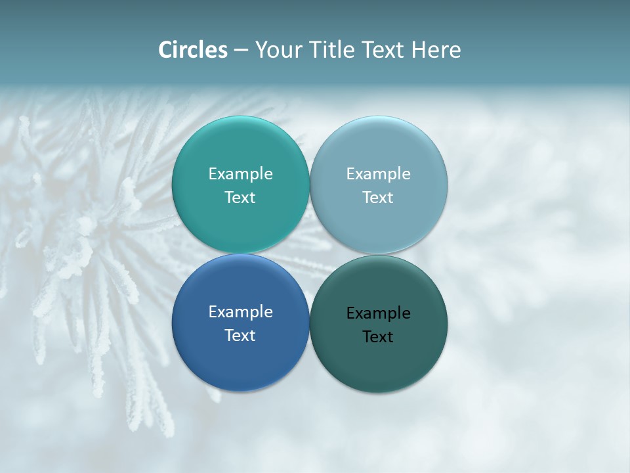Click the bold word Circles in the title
[x=193, y=50]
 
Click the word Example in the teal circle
[x=240, y=174]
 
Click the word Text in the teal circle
[x=240, y=197]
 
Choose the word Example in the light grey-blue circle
[x=378, y=174]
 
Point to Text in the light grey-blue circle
[x=378, y=197]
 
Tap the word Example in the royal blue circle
[x=240, y=312]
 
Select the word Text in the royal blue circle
[x=240, y=335]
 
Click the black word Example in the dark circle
[x=378, y=313]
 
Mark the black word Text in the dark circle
[x=378, y=336]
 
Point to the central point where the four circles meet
[x=310, y=254]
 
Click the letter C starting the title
[x=165, y=50]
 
